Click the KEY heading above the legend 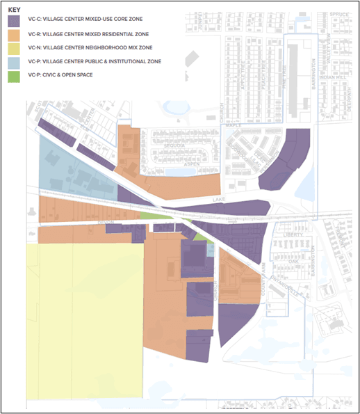(x=23, y=10)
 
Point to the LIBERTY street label (x=295, y=235)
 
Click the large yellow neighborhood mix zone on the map (x=83, y=320)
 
